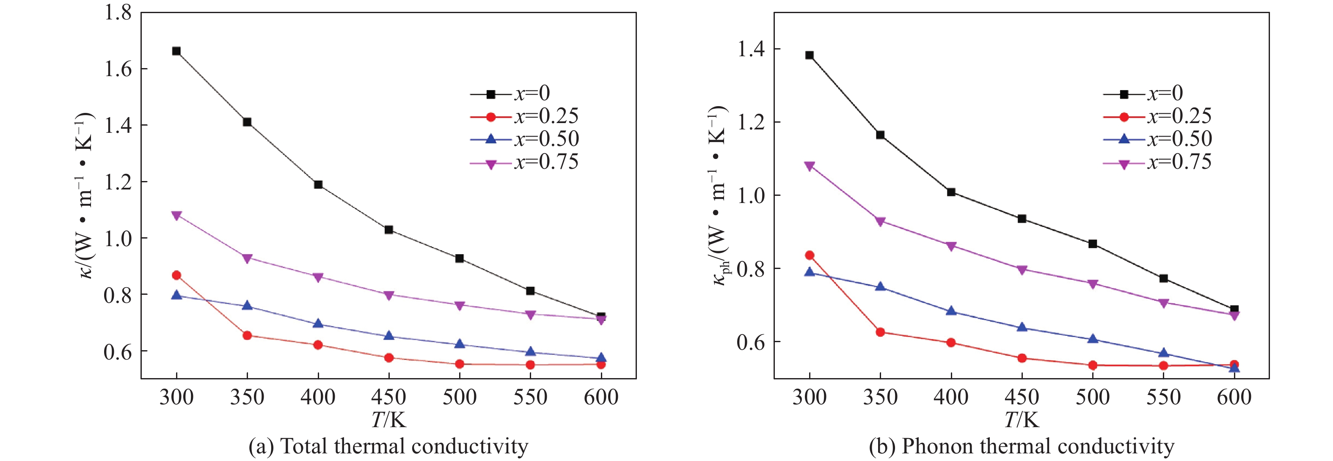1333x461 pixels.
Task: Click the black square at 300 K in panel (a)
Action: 176,51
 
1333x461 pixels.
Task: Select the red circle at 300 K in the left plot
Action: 176,275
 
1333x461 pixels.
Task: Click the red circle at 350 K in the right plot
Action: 880,332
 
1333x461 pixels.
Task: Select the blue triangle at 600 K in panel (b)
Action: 1234,368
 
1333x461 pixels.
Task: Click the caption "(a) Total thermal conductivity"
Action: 388,447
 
